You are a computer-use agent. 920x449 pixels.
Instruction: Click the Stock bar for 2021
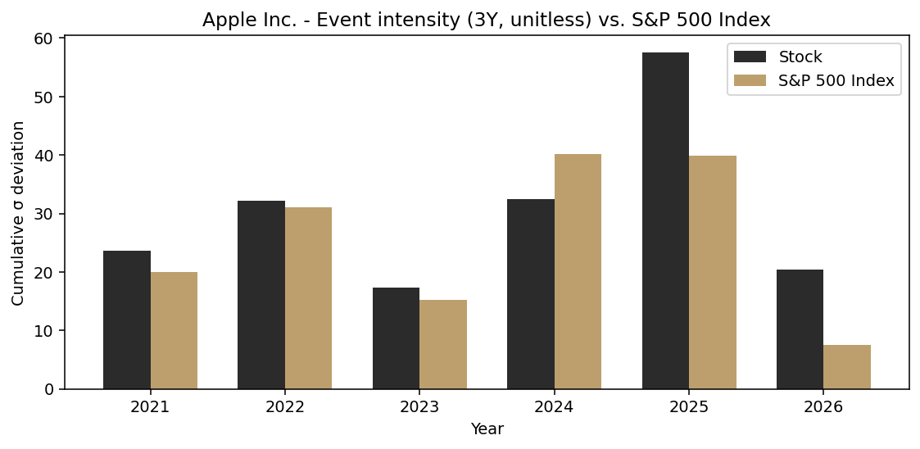[x=127, y=320]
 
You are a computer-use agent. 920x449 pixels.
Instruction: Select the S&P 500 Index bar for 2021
[x=174, y=330]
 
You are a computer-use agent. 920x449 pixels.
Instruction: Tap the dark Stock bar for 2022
[x=261, y=295]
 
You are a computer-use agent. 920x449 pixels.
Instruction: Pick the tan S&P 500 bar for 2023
[x=443, y=344]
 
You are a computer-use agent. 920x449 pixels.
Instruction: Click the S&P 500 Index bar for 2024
[x=578, y=271]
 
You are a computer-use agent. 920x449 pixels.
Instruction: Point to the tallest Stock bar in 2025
[x=665, y=221]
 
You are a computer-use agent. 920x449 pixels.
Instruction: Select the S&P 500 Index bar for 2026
[x=847, y=367]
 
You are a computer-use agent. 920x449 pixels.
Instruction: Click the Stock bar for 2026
[x=800, y=329]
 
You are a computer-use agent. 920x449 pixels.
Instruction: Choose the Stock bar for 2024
[x=531, y=294]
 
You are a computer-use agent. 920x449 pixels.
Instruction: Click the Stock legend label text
[x=800, y=57]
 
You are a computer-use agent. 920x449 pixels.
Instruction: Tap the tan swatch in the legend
[x=750, y=81]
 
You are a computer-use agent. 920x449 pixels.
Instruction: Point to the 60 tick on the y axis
[x=43, y=39]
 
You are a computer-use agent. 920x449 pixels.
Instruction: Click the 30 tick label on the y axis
[x=43, y=214]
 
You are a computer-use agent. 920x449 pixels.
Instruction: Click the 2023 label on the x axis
[x=419, y=407]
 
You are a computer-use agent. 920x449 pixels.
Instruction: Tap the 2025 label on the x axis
[x=689, y=407]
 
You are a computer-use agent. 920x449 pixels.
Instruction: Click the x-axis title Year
[x=487, y=429]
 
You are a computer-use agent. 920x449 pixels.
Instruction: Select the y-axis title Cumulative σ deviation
[x=18, y=213]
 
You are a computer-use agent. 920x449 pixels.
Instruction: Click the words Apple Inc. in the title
[x=238, y=20]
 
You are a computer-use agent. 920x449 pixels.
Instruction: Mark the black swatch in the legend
[x=750, y=57]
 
